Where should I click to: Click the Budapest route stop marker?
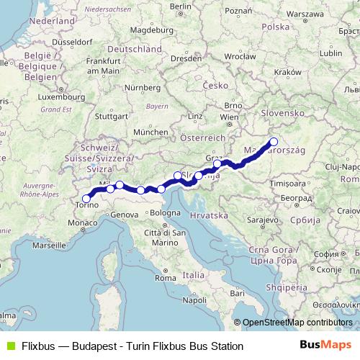point(273,142)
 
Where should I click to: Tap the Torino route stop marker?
point(86,199)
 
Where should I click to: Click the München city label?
point(150,132)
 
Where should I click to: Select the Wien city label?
point(228,117)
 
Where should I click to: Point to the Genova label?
point(125,215)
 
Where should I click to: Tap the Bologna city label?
point(165,213)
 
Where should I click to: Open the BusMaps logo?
point(330,346)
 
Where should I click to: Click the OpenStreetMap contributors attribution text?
point(297,323)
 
